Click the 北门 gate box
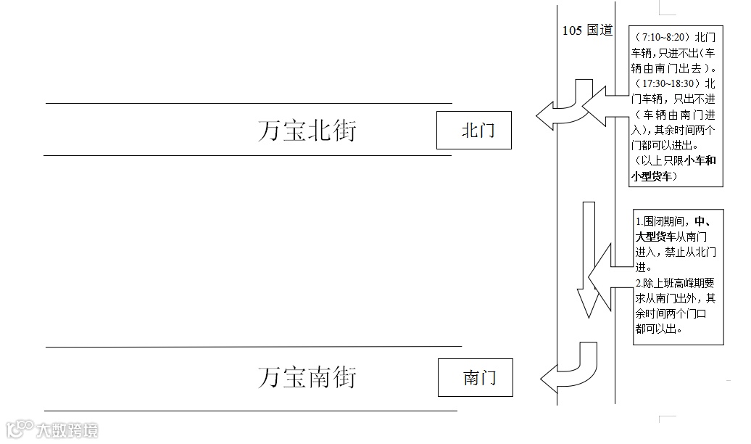click(x=474, y=131)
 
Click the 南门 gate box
click(x=475, y=378)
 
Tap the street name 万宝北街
click(x=307, y=131)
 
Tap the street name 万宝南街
click(x=307, y=377)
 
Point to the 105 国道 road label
click(x=587, y=30)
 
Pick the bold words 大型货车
click(x=656, y=237)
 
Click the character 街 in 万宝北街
click(x=344, y=131)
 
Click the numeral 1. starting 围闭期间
click(x=639, y=221)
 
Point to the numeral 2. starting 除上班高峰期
click(x=639, y=282)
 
